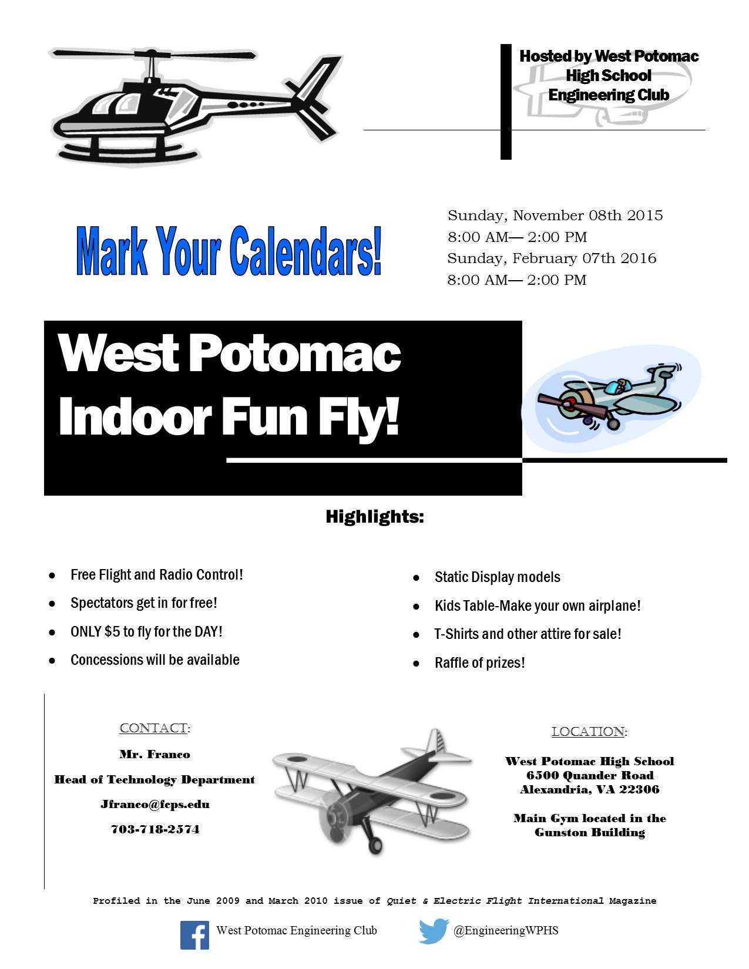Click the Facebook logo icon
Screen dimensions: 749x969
(194, 935)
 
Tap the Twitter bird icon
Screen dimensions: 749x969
(434, 931)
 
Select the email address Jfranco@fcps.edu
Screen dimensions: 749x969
(155, 805)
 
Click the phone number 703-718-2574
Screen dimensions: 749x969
(155, 829)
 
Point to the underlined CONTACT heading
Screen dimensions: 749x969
(153, 728)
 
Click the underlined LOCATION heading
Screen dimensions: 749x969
(587, 732)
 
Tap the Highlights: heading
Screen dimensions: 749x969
(375, 517)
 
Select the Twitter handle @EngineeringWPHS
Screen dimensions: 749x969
(506, 931)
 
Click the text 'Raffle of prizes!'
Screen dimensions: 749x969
(479, 662)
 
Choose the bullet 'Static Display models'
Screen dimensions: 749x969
(498, 577)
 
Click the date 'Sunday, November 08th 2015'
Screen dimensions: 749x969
(555, 216)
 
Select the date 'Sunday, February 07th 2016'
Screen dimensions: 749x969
(552, 258)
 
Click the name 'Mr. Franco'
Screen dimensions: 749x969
(155, 755)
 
